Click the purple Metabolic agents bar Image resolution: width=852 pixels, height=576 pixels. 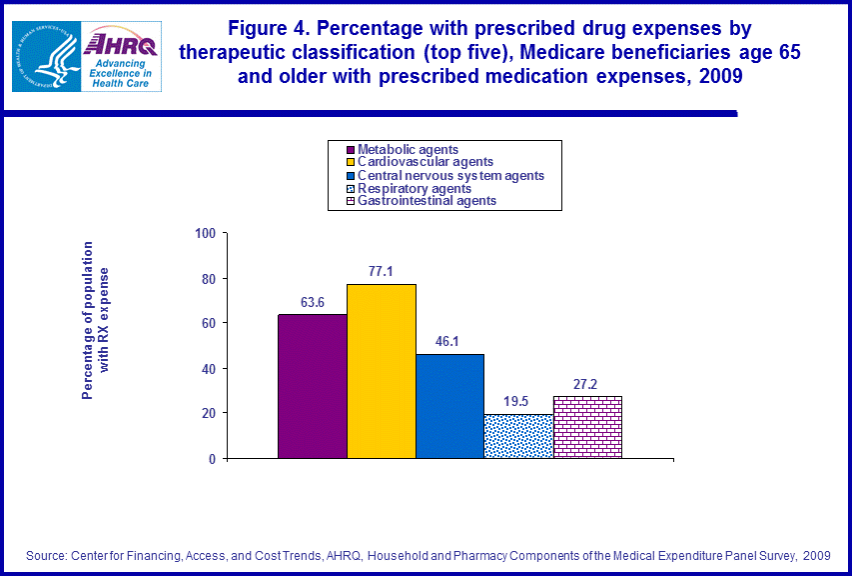coord(312,386)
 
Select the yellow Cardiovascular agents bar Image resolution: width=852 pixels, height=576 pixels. coord(381,371)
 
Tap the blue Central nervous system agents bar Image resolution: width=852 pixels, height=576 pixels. coord(449,406)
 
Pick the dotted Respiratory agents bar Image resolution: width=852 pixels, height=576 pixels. coord(517,436)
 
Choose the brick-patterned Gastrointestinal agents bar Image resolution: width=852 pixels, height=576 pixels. coord(587,427)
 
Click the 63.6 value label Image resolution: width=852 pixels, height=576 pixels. coord(313,302)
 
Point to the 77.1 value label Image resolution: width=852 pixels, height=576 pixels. coord(381,271)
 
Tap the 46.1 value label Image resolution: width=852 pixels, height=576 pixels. coord(449,341)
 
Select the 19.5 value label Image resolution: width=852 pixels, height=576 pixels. coord(517,401)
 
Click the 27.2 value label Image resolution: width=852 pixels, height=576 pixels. coord(587,383)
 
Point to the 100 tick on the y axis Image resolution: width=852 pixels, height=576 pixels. coord(206,234)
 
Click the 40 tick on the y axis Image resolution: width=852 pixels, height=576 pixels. coord(209,369)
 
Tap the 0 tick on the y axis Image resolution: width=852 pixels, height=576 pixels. coord(212,459)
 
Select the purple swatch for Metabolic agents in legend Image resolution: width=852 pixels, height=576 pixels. coord(338,150)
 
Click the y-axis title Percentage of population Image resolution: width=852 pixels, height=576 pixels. coord(88,320)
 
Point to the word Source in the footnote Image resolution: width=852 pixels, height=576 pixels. coord(48,555)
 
